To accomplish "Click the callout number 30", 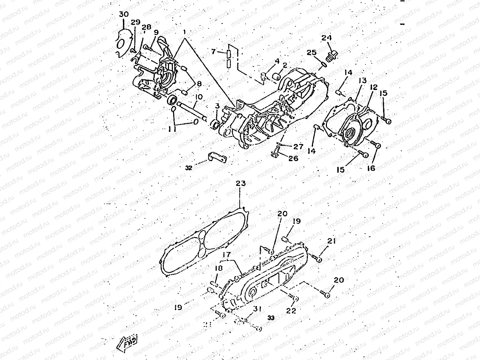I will click(x=124, y=14).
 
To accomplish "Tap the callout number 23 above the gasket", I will click(x=241, y=183).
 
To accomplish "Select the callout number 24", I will click(x=327, y=38).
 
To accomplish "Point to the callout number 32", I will click(x=188, y=168).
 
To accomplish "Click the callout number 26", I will click(x=293, y=158).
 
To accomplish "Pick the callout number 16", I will click(x=371, y=168).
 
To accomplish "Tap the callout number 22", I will click(x=291, y=310).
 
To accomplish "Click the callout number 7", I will click(x=214, y=52).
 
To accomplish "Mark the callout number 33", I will click(x=271, y=317).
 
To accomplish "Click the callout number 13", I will click(x=362, y=80).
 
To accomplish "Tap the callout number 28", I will click(x=146, y=27).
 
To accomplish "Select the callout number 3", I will click(x=217, y=105).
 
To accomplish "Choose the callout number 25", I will click(x=312, y=53).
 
